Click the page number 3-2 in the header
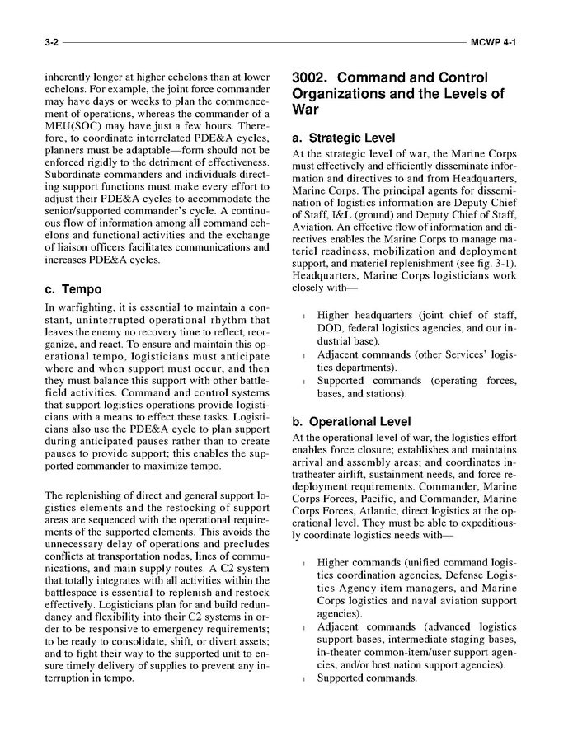pyautogui.click(x=52, y=40)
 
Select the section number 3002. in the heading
pyautogui.click(x=315, y=78)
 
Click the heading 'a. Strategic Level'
pyautogui.click(x=343, y=138)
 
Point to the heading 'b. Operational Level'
pyautogui.click(x=351, y=422)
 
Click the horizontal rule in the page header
pyautogui.click(x=264, y=40)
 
